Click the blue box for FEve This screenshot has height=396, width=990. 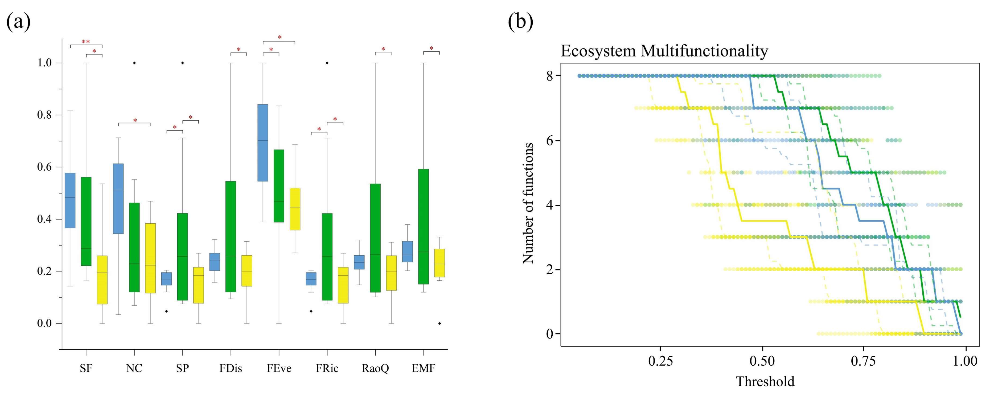pos(262,142)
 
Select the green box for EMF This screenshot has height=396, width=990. pos(423,226)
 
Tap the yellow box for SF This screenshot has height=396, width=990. pos(102,280)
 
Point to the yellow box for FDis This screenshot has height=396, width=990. pos(247,270)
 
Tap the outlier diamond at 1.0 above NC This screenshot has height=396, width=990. pos(134,63)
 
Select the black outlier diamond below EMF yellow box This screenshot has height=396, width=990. pos(439,323)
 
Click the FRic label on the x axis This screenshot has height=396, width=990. pos(327,369)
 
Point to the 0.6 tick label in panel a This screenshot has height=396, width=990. pos(44,167)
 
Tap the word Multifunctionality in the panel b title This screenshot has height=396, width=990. pos(704,51)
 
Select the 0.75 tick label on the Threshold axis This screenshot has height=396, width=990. pos(864,361)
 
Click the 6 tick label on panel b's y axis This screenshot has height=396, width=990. pos(550,140)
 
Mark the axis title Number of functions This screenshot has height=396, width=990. pos(528,203)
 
